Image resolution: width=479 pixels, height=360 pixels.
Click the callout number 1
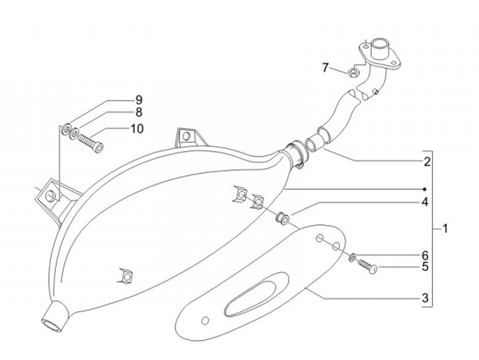[444, 229]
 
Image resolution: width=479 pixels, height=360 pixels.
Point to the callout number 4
[424, 202]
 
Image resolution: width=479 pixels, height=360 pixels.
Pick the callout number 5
[424, 268]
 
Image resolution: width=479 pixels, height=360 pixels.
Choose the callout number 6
[424, 256]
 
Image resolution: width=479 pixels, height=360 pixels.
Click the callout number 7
[325, 67]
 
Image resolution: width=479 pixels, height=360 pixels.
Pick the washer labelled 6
[352, 257]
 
